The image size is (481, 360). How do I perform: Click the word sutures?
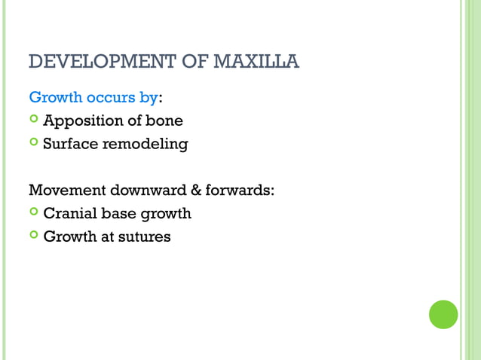click(x=143, y=236)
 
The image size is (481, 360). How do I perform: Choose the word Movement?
click(x=63, y=190)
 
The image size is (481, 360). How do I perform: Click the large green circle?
click(x=443, y=314)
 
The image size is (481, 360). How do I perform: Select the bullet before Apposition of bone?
click(x=33, y=121)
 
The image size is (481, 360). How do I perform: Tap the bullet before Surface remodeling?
click(x=33, y=143)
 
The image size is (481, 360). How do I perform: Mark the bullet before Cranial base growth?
click(x=33, y=213)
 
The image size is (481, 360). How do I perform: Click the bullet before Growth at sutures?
click(x=33, y=236)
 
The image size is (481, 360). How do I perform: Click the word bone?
click(x=166, y=121)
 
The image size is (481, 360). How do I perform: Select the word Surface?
click(x=71, y=143)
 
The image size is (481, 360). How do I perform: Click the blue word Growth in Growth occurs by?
click(x=53, y=97)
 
